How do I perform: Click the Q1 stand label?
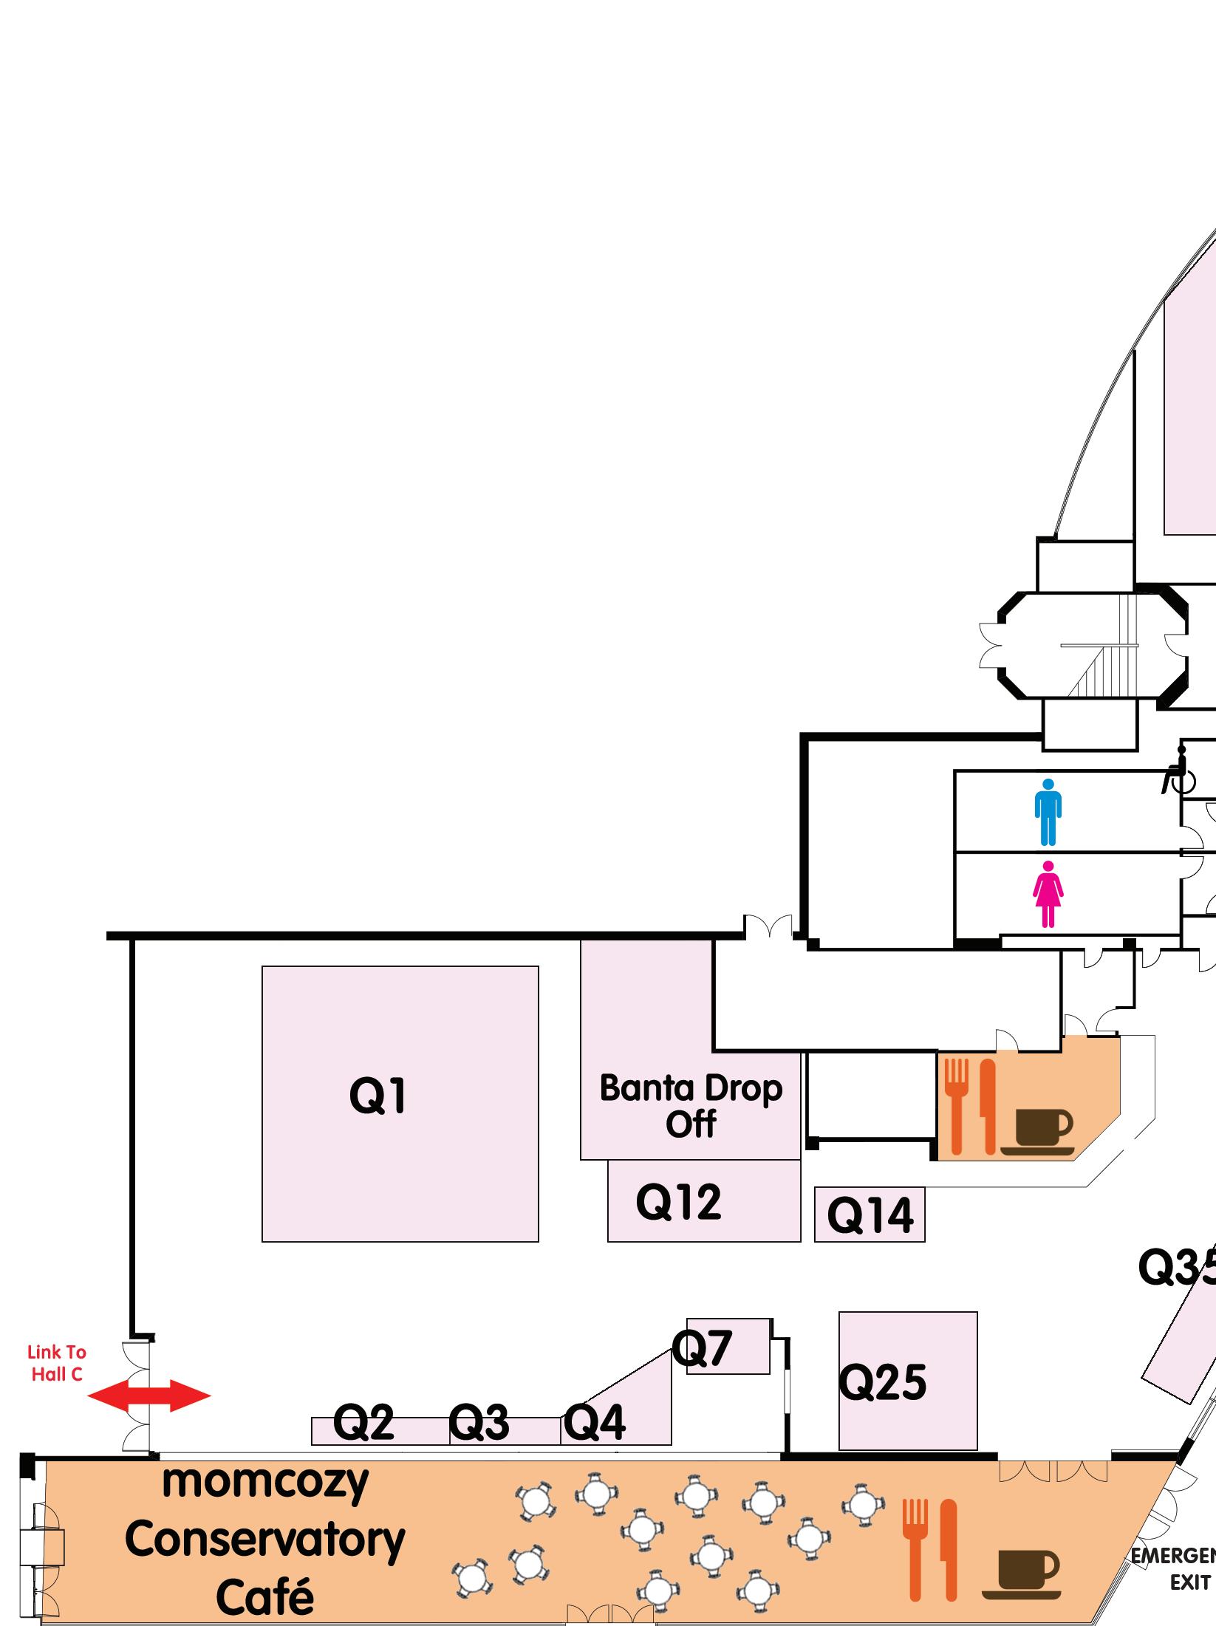(378, 1096)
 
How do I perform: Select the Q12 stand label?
(678, 1202)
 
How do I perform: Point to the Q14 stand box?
(870, 1215)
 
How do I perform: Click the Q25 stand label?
(883, 1382)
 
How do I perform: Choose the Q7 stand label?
(702, 1347)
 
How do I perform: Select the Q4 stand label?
(595, 1422)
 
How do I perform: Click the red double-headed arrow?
(149, 1396)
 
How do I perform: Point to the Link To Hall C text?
(57, 1363)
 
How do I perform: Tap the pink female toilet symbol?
(1048, 895)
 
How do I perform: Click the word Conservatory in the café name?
(265, 1540)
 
